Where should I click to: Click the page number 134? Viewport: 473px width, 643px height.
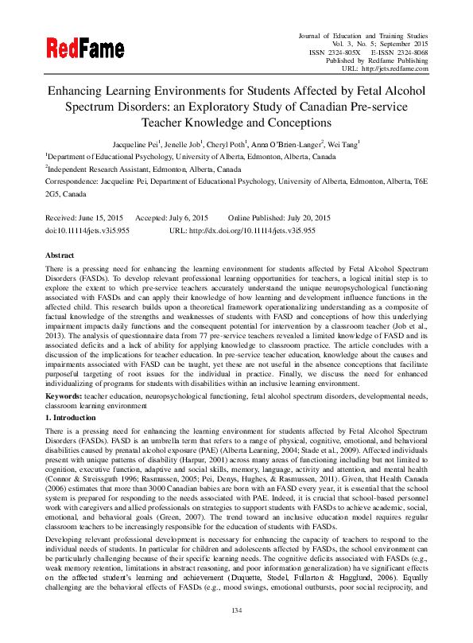click(x=235, y=633)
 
